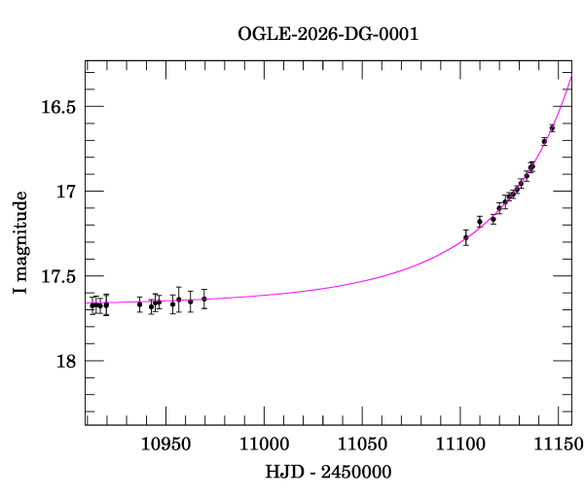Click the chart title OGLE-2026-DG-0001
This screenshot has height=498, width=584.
pos(328,34)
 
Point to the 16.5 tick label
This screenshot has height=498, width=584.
pos(58,106)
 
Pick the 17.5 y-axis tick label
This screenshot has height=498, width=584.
pos(58,276)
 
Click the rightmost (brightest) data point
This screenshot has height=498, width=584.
pos(552,127)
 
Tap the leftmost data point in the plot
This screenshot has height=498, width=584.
pos(92,305)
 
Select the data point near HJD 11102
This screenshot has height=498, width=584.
pos(466,237)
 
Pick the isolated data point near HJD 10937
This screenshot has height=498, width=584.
pos(139,304)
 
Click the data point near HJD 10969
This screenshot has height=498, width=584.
pos(204,299)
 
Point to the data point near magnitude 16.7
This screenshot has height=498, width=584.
pos(544,142)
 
